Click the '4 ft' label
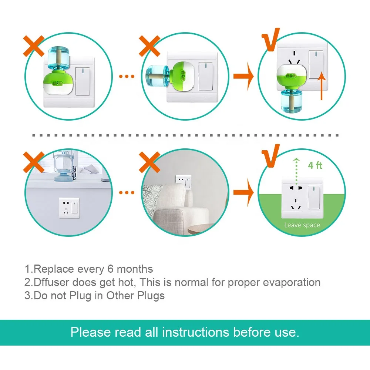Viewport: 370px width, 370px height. [315, 165]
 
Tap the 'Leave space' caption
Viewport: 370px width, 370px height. [302, 225]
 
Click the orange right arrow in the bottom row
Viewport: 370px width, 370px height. [243, 192]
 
